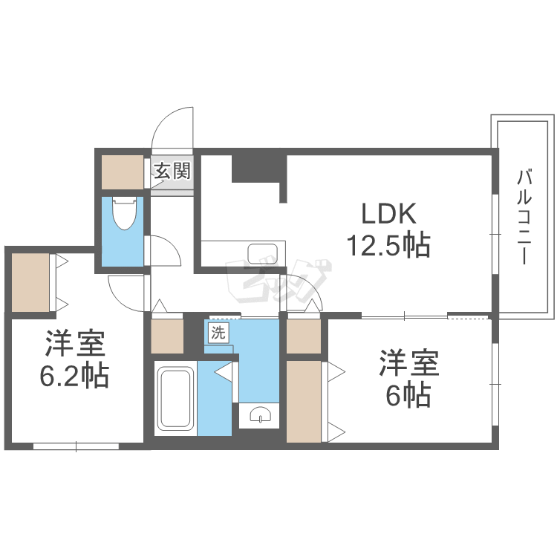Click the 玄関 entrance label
(x=173, y=172)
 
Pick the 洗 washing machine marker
(x=217, y=333)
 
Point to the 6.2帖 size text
(x=74, y=377)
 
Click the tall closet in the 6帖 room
(x=304, y=401)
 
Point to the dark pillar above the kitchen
(x=259, y=167)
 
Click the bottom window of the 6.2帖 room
(x=76, y=446)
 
